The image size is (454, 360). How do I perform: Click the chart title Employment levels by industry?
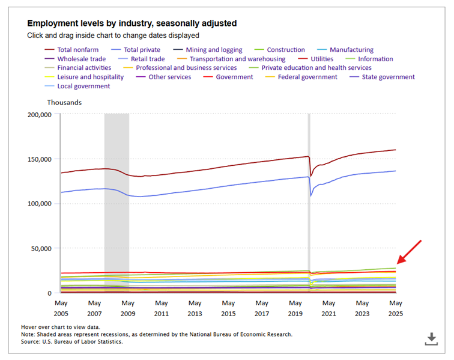(x=132, y=23)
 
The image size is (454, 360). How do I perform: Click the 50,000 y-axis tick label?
(x=43, y=248)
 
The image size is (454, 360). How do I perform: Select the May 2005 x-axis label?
(x=61, y=308)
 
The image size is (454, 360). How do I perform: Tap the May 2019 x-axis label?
(x=295, y=308)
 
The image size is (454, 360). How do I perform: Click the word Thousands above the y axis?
(x=64, y=102)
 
